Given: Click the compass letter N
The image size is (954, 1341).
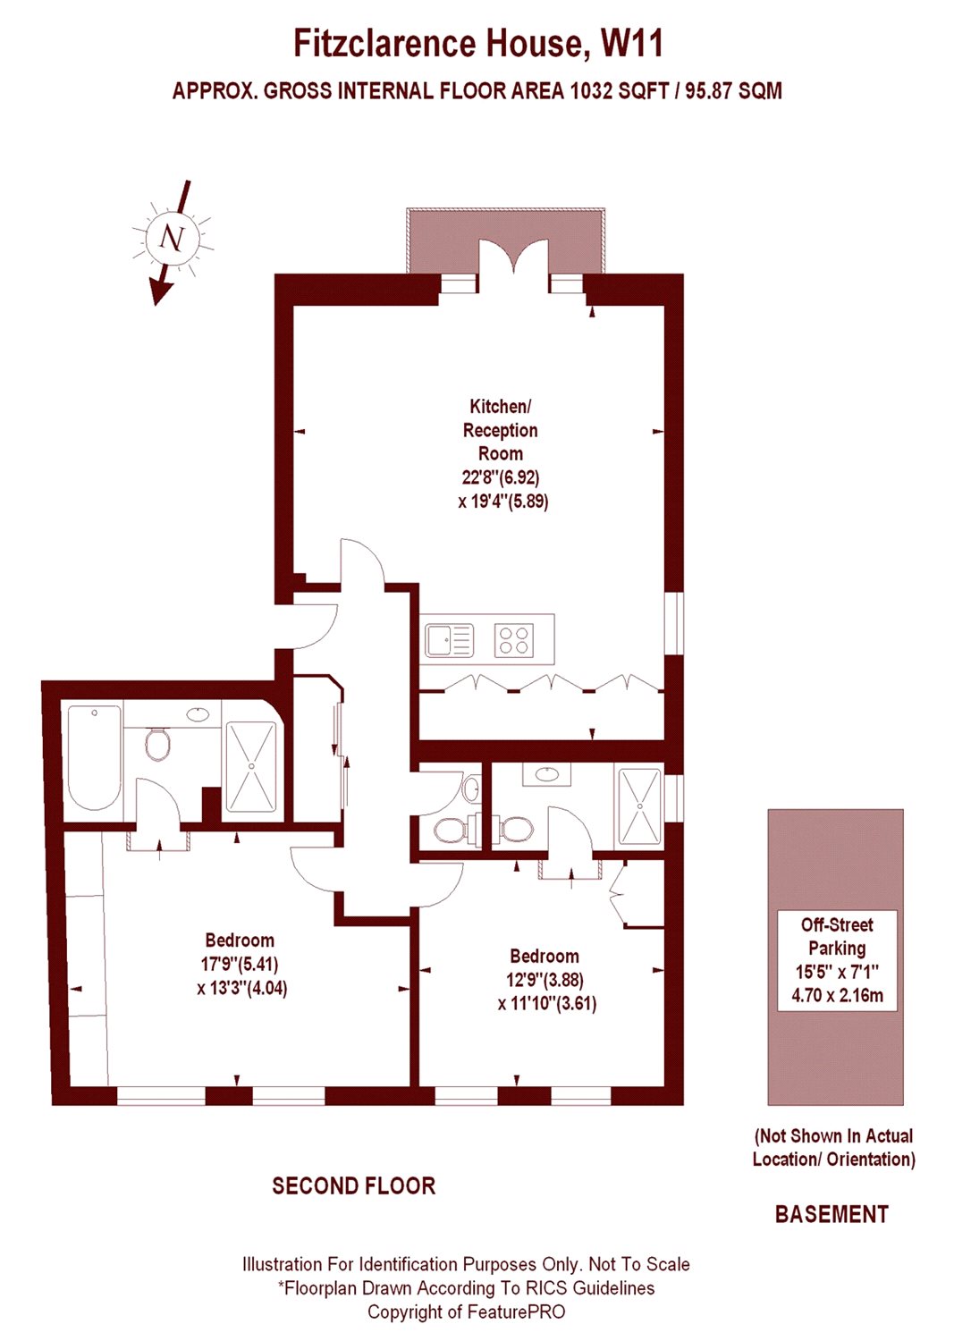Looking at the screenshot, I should [x=171, y=238].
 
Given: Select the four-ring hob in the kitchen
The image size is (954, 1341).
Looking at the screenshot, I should [x=514, y=640].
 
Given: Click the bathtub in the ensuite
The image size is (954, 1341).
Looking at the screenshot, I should [x=94, y=757].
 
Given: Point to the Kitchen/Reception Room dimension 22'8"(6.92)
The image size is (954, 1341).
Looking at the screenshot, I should [x=501, y=477].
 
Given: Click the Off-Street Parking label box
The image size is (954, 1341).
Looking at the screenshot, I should [x=837, y=960].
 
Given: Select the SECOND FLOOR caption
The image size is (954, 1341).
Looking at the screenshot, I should [x=354, y=1186].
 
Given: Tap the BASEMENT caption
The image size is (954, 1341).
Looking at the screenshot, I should [x=832, y=1214].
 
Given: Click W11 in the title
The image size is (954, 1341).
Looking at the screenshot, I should [x=631, y=43].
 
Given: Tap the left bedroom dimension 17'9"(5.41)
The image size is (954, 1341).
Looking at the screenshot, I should [x=240, y=965].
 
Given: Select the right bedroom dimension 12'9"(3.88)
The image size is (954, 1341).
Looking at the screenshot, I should [x=545, y=980].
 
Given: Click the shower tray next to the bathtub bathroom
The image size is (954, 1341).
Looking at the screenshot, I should [x=251, y=766].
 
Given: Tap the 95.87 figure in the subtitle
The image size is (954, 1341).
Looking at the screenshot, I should [x=711, y=90].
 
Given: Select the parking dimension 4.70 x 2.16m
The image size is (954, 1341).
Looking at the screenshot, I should [x=837, y=995].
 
